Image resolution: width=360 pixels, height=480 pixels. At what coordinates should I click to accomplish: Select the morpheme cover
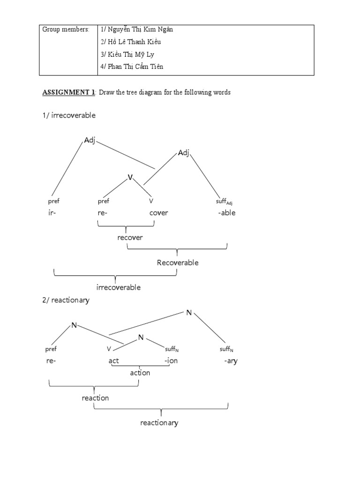pos(158,213)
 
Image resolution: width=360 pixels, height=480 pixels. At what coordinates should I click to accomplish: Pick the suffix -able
pos(226,213)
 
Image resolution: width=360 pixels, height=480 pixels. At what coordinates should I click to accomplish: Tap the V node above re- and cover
pos(131,177)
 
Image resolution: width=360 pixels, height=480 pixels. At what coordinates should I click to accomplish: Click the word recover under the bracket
pos(130,237)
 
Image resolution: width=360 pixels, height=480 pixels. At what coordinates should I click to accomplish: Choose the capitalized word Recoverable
pos(178,262)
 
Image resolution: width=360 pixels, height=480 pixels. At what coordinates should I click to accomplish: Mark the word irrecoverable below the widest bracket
pos(119,287)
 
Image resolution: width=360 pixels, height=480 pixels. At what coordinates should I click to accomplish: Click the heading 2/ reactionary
pos(66,300)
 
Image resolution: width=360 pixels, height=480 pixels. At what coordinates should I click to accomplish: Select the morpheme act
pos(114,361)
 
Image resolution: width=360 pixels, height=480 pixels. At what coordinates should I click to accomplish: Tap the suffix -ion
pos(171,361)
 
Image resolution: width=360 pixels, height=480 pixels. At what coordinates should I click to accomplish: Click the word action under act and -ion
pos(140,373)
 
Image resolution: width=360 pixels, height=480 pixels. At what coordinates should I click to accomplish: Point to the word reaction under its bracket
pos(95,398)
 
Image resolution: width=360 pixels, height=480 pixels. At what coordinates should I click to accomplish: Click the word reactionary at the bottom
pos(159,423)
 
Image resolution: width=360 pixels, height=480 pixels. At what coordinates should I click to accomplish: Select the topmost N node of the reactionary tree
pos(189,312)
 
